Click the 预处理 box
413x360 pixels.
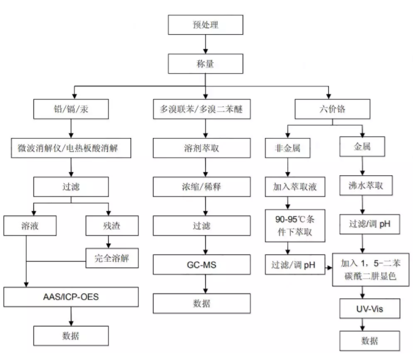point(206,24)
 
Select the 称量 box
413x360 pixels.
point(206,63)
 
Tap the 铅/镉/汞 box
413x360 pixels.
point(71,109)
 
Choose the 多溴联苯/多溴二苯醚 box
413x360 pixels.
point(201,109)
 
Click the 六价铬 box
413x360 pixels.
point(331,109)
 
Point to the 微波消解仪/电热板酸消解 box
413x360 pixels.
point(71,147)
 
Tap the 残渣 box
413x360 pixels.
point(109,225)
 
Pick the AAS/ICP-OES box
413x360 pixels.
point(71,298)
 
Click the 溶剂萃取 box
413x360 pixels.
point(201,147)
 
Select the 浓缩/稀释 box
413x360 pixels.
point(201,186)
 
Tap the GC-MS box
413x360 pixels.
point(201,264)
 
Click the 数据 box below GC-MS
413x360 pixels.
point(201,303)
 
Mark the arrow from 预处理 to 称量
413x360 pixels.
point(206,44)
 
